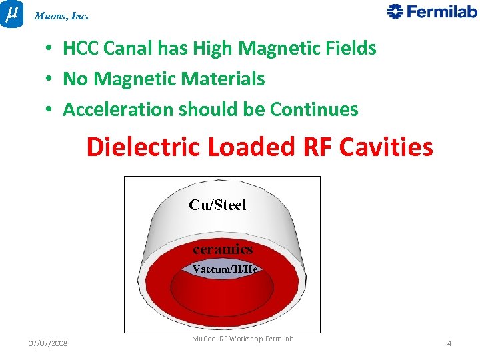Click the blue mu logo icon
[x=11, y=13]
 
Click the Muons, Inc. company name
[x=61, y=15]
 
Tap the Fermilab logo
[x=432, y=12]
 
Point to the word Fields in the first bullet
[x=349, y=49]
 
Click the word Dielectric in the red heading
[x=143, y=147]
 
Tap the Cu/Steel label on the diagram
[x=217, y=205]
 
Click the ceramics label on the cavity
[x=223, y=249]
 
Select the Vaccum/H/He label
[x=225, y=269]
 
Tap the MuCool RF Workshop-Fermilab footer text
[x=243, y=339]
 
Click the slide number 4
[x=449, y=343]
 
